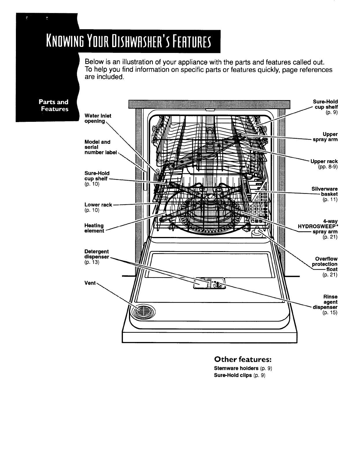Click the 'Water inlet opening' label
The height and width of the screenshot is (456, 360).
coord(97,118)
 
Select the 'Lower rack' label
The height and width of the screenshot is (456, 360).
coord(98,205)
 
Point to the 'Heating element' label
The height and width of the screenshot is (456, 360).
coord(94,228)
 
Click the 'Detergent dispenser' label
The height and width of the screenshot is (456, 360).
coord(97,254)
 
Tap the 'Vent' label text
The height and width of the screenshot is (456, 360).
coord(90,283)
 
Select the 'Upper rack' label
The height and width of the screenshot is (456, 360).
coord(324,161)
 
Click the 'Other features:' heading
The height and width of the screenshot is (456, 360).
coord(242,359)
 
